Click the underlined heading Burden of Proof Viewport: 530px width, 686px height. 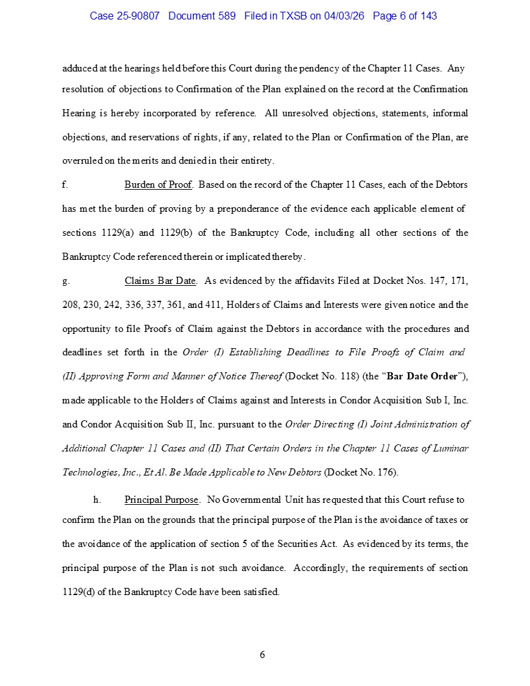point(158,184)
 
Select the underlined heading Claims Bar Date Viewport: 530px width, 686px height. point(160,281)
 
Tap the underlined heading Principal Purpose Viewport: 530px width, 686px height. point(162,500)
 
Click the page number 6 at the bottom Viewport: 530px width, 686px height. point(262,654)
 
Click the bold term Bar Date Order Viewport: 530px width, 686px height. point(422,376)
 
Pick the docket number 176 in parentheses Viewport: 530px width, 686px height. point(386,472)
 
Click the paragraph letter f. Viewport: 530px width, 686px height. point(65,184)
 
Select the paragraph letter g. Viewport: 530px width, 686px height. point(66,281)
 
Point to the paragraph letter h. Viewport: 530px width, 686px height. point(97,500)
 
